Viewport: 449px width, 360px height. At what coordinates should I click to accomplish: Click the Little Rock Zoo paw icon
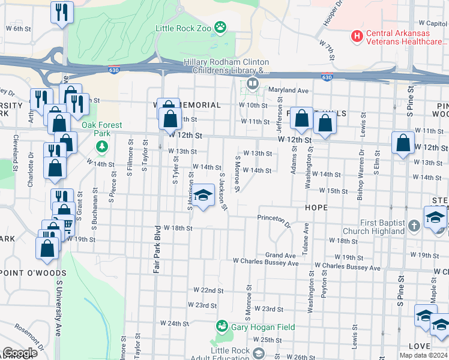point(221,26)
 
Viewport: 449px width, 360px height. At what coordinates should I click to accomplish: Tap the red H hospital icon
point(358,37)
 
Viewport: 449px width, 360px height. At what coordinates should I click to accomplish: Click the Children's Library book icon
point(253,83)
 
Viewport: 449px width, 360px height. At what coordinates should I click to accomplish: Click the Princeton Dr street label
point(274,221)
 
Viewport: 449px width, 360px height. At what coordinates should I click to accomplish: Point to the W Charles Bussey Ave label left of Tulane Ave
point(265,262)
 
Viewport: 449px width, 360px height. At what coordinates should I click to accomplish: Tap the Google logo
point(20,353)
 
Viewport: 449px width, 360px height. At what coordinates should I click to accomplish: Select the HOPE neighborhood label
point(316,207)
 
